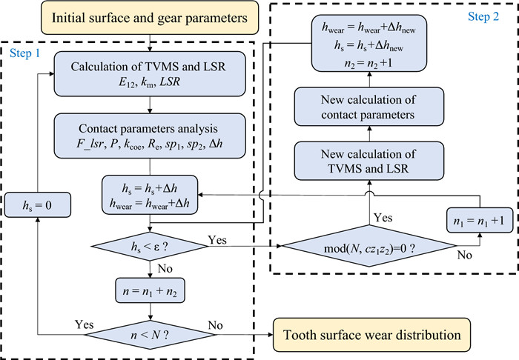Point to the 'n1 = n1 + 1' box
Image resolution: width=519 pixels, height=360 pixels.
[477, 220]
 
